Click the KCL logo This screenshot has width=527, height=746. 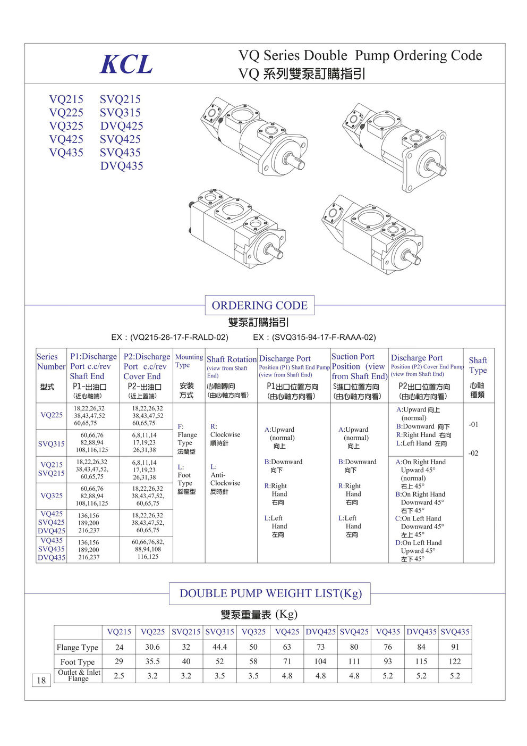click(126, 64)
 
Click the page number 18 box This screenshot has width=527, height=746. click(41, 680)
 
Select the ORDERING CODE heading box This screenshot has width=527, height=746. click(259, 305)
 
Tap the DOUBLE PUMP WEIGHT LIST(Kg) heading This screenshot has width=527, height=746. click(270, 593)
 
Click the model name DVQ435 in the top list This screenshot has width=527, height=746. click(122, 166)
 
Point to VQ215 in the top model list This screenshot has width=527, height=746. click(66, 99)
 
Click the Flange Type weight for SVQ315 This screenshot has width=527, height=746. click(219, 647)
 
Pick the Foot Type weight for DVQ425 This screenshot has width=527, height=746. click(320, 661)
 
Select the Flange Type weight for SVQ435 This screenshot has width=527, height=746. click(455, 647)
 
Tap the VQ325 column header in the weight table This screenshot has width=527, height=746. click(253, 632)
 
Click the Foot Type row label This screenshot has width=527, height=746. click(78, 662)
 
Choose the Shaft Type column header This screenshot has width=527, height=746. click(478, 365)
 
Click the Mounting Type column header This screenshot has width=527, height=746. click(189, 361)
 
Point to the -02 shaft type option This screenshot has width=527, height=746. click(473, 453)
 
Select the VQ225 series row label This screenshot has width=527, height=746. click(52, 415)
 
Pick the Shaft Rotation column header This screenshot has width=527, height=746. click(231, 359)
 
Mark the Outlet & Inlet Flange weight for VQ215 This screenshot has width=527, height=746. click(119, 676)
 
